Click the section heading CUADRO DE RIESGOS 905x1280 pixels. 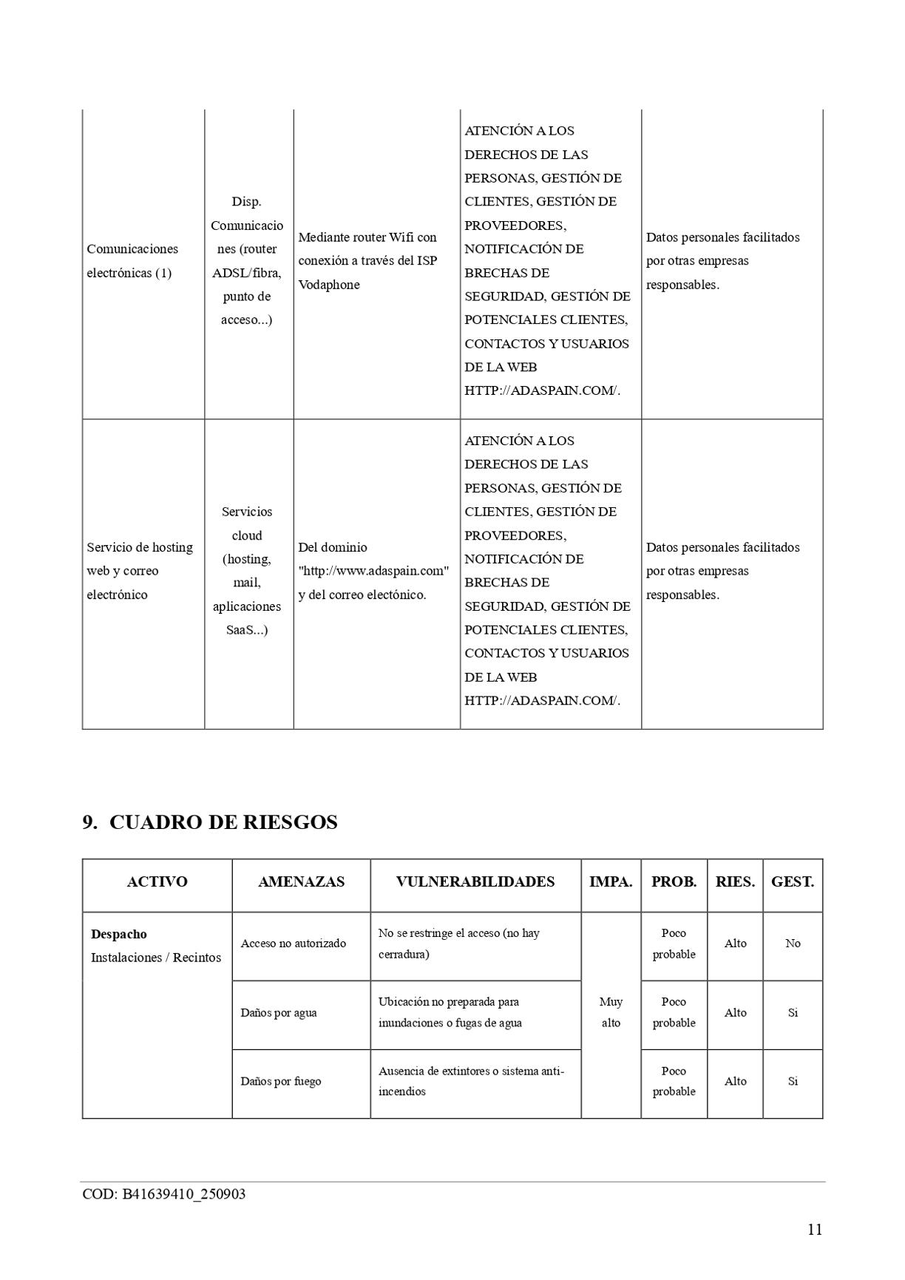[223, 822]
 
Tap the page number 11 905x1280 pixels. [814, 1230]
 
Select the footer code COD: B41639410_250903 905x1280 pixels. [163, 1194]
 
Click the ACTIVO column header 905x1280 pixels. [157, 881]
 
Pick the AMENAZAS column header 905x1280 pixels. [301, 881]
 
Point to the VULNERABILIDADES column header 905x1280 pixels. [475, 881]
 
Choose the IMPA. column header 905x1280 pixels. [611, 881]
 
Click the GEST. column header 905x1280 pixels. [792, 881]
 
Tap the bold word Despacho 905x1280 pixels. [118, 934]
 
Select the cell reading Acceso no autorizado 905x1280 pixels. [294, 944]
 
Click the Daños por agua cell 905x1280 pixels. [279, 1013]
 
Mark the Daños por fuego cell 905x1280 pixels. [281, 1081]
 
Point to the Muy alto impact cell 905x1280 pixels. [611, 1012]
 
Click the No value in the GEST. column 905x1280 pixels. [793, 944]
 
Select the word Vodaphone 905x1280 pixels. [329, 285]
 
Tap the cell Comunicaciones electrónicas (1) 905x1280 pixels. [132, 260]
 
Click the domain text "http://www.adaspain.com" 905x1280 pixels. [373, 571]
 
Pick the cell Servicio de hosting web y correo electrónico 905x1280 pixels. [140, 571]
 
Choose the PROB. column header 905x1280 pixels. [674, 881]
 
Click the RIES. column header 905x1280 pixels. [735, 881]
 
